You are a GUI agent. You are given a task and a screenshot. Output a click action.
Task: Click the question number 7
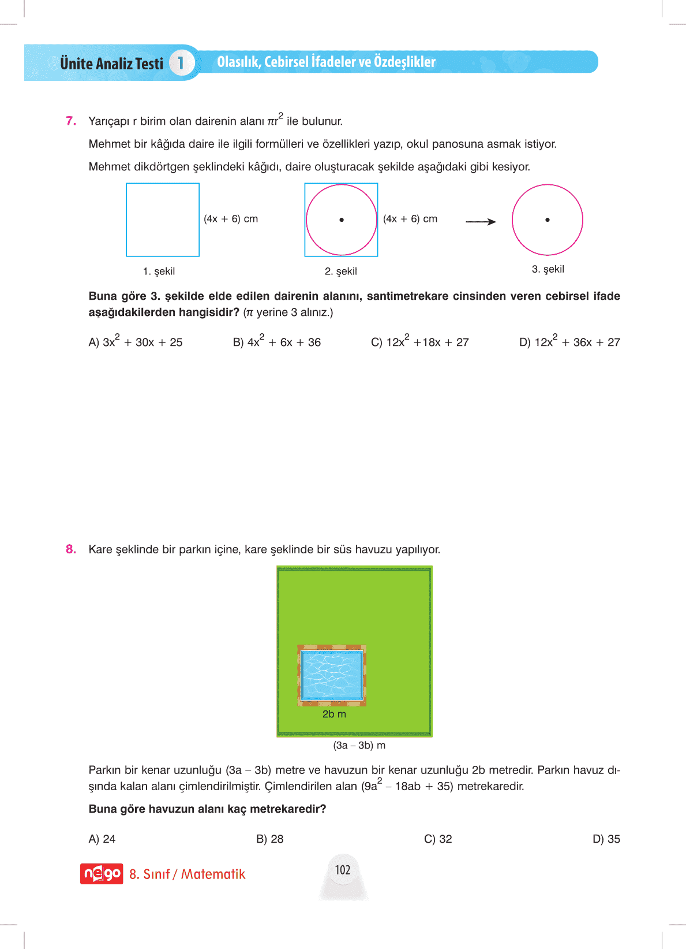[71, 121]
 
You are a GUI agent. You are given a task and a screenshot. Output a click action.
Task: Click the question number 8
[71, 549]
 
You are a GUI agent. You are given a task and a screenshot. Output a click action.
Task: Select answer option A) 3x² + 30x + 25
[136, 341]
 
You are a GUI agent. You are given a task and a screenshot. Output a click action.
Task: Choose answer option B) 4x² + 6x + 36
[276, 341]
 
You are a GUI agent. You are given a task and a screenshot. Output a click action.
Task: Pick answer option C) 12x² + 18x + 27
[419, 341]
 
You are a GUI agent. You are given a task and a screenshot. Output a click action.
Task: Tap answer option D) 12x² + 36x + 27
[569, 341]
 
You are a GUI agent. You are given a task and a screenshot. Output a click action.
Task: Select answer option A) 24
[102, 839]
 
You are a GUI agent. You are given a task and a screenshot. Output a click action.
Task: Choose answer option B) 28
[270, 839]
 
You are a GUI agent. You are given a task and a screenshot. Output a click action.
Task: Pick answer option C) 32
[438, 839]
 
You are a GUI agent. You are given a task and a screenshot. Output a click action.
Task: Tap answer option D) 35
[606, 839]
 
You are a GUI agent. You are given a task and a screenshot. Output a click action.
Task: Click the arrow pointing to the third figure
[481, 222]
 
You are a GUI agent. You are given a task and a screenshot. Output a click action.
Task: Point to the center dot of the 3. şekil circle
[548, 219]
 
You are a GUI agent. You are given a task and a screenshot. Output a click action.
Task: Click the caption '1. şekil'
[159, 271]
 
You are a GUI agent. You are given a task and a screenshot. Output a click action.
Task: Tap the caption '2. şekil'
[341, 271]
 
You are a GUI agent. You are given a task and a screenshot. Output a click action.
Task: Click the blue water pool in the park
[332, 675]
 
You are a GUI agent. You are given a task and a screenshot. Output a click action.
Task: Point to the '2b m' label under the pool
[334, 714]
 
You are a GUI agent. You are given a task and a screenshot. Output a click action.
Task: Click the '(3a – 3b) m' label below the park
[359, 745]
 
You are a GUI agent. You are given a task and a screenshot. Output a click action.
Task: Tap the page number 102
[343, 870]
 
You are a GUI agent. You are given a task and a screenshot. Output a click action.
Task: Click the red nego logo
[102, 873]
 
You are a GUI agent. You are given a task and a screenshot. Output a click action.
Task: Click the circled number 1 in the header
[181, 62]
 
